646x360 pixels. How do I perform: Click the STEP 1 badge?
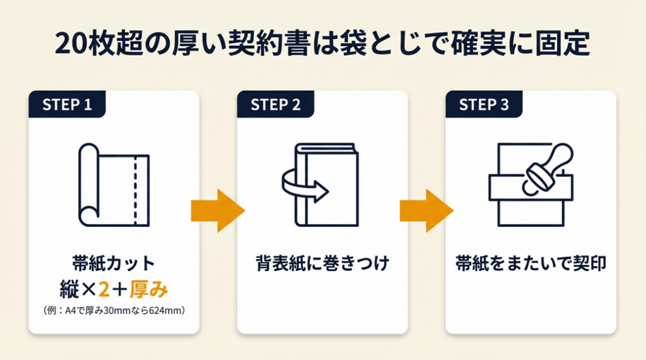click(x=67, y=104)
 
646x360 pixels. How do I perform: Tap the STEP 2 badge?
click(x=275, y=104)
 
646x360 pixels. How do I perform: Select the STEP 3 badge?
click(x=484, y=104)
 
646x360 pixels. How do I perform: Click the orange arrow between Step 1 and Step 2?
click(x=218, y=211)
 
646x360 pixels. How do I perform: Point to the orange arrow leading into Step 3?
click(x=426, y=211)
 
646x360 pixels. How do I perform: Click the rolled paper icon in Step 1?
click(x=114, y=185)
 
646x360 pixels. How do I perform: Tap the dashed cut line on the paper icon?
click(x=135, y=190)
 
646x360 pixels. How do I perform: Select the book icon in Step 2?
click(x=326, y=185)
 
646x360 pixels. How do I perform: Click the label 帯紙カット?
click(x=114, y=264)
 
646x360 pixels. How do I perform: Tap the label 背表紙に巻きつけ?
click(x=322, y=264)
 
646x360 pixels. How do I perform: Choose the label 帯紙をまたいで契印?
click(x=531, y=264)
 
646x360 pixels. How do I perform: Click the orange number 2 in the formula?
click(x=104, y=289)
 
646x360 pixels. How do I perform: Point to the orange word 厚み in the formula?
click(x=149, y=289)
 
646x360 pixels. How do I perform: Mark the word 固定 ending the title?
click(x=563, y=44)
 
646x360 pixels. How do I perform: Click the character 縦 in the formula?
click(x=69, y=289)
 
